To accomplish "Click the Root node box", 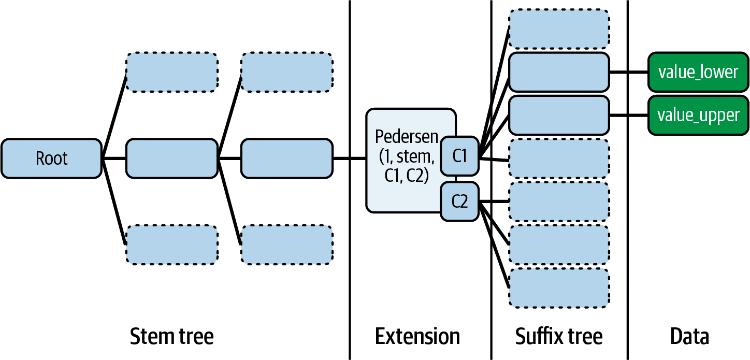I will point(51,159).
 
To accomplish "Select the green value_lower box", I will point(698,72).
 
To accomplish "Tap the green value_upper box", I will point(698,115).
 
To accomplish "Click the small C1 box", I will point(459,156).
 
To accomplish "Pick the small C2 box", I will point(459,201).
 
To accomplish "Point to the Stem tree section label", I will point(171,337).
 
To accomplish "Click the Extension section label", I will point(417,337).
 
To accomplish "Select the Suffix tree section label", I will point(559,337).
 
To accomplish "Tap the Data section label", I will point(689,337).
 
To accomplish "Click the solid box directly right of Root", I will point(171,159).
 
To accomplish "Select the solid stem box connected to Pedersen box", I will point(286,159).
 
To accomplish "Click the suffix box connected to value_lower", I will point(559,72).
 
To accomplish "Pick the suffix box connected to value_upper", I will point(559,115).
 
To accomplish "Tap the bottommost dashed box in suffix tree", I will point(559,288).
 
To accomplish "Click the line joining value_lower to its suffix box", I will point(628,72).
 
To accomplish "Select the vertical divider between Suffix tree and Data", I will point(628,207).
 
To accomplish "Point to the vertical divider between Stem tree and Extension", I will point(350,233).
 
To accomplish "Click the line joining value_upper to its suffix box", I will point(628,115).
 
